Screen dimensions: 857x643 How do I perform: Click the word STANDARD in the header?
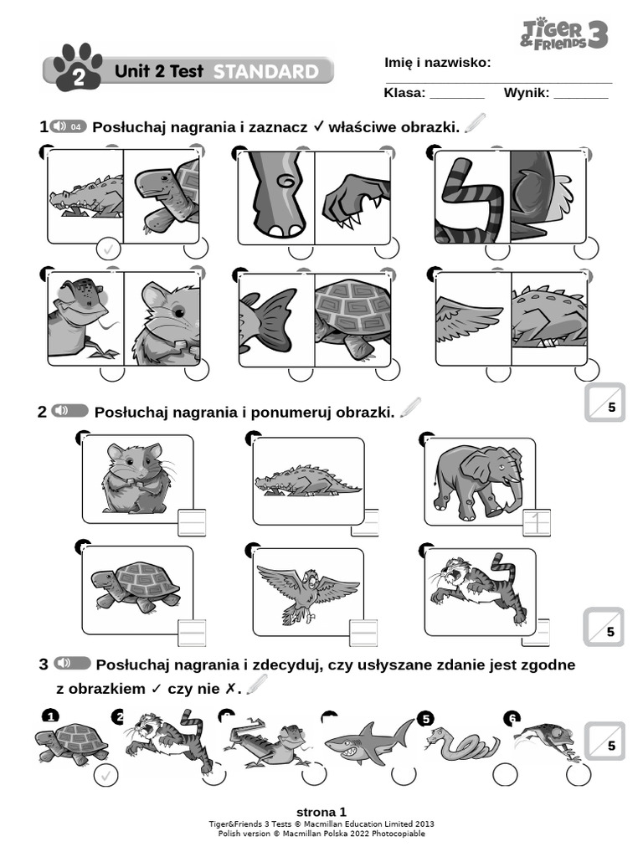[x=265, y=72]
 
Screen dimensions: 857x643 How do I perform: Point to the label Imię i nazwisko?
[x=437, y=64]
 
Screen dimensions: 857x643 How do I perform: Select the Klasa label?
[x=404, y=93]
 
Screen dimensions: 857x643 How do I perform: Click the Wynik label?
[x=526, y=93]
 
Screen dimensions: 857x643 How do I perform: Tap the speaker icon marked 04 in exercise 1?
[x=68, y=126]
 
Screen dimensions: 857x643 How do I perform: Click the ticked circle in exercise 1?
[x=108, y=249]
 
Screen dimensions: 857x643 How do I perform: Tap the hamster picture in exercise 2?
[x=136, y=477]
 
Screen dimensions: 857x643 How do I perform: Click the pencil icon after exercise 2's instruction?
[x=411, y=408]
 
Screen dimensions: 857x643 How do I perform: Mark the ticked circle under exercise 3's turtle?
[x=105, y=776]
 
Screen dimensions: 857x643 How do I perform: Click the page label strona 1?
[x=321, y=812]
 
